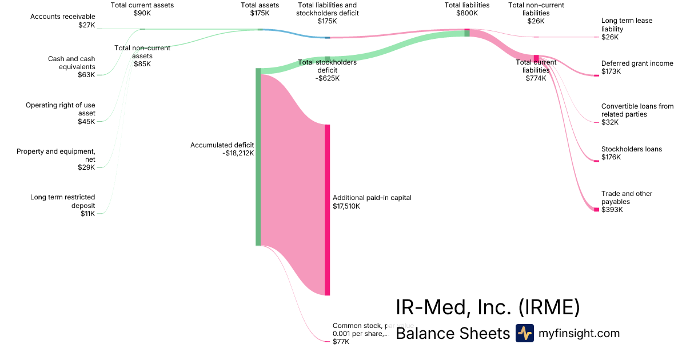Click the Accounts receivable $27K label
[x=63, y=21]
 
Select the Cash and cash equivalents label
[x=71, y=66]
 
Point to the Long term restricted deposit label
[x=63, y=205]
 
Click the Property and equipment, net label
[x=56, y=159]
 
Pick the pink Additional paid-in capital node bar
[x=328, y=210]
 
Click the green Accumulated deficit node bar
[x=258, y=157]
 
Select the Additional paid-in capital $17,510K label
[x=372, y=202]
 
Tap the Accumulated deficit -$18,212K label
[x=222, y=149]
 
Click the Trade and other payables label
[x=627, y=202]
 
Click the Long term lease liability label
[x=627, y=29]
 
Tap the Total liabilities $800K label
[x=467, y=9]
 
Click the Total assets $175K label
[x=260, y=9]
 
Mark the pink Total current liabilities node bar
[x=536, y=58]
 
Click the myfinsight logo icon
[x=524, y=333]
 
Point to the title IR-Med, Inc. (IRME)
[x=488, y=307]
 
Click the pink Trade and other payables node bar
[x=596, y=210]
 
